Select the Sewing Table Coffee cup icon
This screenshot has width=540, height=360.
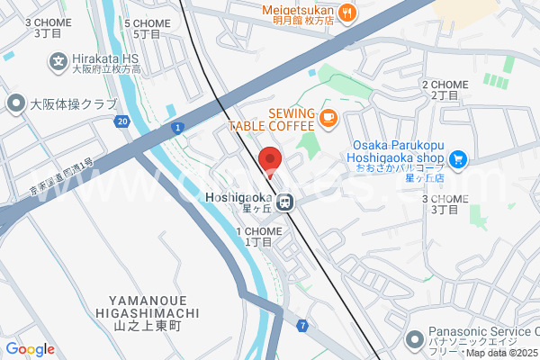coord(328,116)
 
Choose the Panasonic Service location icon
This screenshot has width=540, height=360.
coord(414,339)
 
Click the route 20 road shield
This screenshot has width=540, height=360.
coord(122,121)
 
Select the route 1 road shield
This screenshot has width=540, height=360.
coord(178,129)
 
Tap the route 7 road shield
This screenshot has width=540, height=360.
coord(303,324)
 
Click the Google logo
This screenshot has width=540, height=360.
coord(30,349)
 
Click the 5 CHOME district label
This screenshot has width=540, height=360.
coord(146,28)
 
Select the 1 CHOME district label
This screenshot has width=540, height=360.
coord(259,237)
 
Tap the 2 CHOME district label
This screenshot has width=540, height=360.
coord(445,89)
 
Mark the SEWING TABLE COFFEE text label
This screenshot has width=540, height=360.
coord(271,120)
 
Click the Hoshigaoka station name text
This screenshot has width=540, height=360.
coord(238,199)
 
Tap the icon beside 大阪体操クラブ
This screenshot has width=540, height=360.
coord(15,103)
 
